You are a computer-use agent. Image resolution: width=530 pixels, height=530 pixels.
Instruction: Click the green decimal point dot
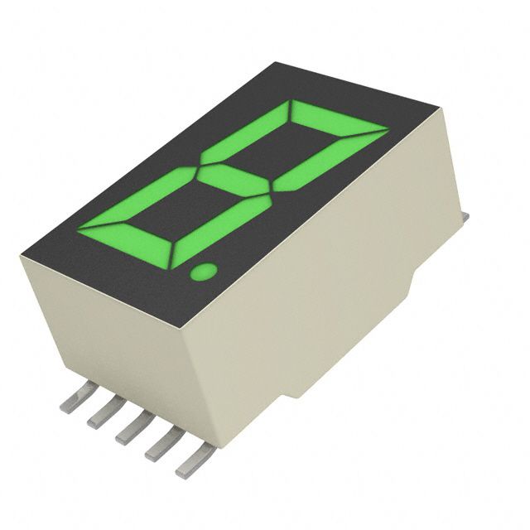tap(202, 270)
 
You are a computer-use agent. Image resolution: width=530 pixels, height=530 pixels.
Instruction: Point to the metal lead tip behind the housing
tap(465, 218)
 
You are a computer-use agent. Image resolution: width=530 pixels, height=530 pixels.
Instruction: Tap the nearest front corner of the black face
tap(195, 323)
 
